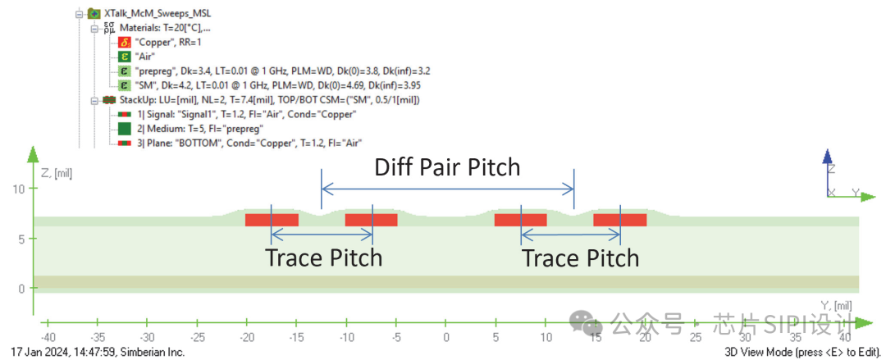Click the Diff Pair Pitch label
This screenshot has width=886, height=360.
pyautogui.click(x=447, y=167)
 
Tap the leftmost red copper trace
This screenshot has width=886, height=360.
pyautogui.click(x=272, y=220)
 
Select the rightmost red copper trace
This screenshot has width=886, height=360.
pyautogui.click(x=620, y=220)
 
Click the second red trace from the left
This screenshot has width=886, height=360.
pyautogui.click(x=371, y=220)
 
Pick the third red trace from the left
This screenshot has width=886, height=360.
pyautogui.click(x=520, y=220)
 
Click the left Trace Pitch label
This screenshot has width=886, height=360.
pyautogui.click(x=323, y=257)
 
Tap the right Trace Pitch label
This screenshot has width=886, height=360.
pyautogui.click(x=580, y=257)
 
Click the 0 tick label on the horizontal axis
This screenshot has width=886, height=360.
pyautogui.click(x=446, y=336)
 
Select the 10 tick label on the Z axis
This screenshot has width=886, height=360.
pyautogui.click(x=21, y=189)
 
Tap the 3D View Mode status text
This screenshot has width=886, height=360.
pyautogui.click(x=801, y=352)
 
